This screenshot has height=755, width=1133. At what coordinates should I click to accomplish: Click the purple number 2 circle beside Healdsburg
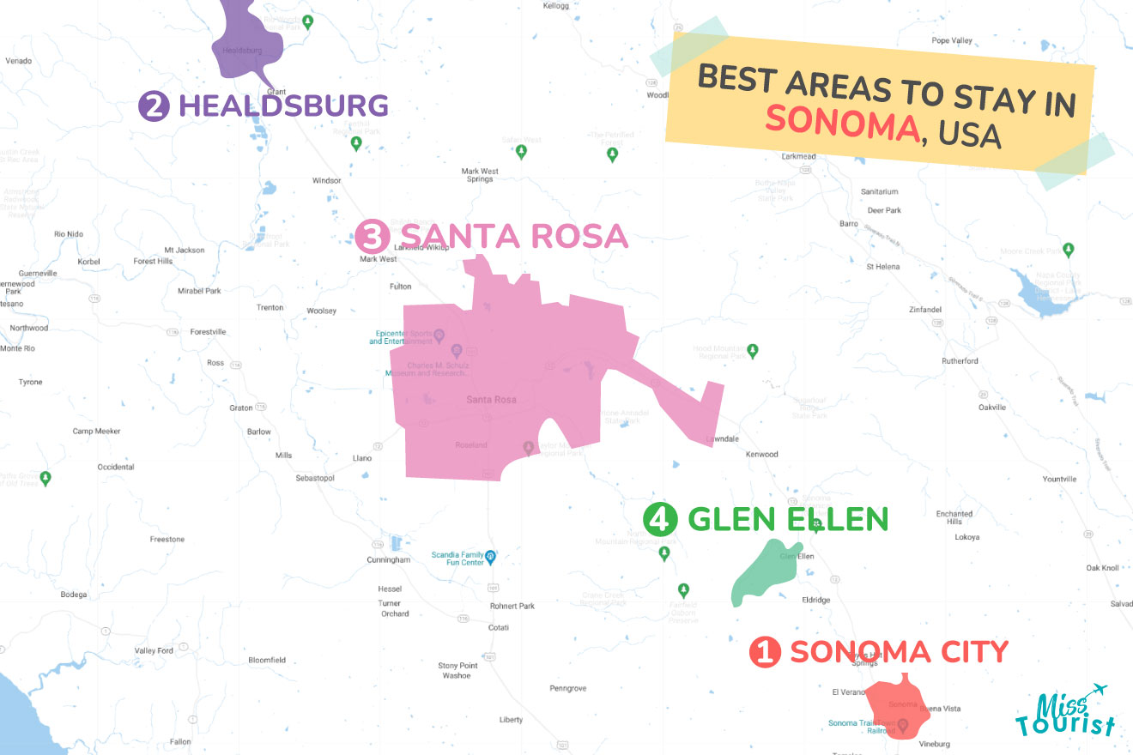tap(154, 106)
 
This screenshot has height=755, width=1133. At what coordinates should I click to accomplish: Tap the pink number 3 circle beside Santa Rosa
tap(373, 235)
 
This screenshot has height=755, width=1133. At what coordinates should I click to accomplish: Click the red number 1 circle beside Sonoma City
tap(765, 652)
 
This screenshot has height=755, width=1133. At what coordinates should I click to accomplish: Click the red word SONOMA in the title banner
tap(841, 123)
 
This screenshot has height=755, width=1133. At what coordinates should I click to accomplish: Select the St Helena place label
tap(882, 267)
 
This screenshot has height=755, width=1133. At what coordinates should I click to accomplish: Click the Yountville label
tap(1058, 479)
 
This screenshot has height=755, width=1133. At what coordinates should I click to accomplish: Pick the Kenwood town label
tap(761, 454)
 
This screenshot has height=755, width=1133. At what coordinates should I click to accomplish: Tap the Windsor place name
tap(326, 180)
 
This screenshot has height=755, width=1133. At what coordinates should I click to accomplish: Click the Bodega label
tap(74, 594)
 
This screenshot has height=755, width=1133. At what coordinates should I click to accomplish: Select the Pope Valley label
tap(952, 40)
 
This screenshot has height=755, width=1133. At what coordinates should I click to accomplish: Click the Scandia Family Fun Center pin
tap(490, 555)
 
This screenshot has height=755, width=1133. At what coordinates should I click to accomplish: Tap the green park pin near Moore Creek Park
tap(1068, 250)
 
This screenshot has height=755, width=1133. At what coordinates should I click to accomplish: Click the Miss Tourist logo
tap(1065, 712)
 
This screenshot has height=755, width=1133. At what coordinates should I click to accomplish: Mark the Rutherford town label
tap(959, 361)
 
